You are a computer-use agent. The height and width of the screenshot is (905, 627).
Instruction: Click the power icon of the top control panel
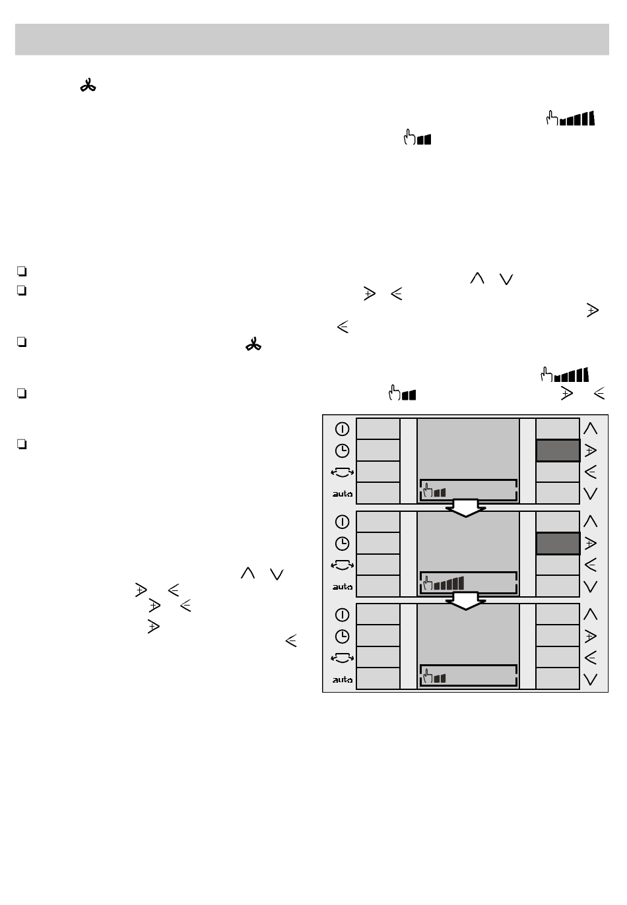pyautogui.click(x=342, y=429)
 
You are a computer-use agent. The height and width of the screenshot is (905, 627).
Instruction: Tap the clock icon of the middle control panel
pyautogui.click(x=342, y=544)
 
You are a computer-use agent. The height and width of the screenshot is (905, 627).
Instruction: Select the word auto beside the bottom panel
pyautogui.click(x=342, y=679)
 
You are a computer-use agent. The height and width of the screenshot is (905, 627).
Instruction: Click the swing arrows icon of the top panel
pyautogui.click(x=342, y=472)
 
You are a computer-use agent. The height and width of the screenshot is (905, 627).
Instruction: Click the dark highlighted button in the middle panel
pyautogui.click(x=558, y=544)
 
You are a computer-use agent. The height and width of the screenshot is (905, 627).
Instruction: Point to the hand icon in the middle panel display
pyautogui.click(x=428, y=584)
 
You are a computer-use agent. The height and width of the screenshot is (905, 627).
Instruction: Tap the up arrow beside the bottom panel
pyautogui.click(x=591, y=614)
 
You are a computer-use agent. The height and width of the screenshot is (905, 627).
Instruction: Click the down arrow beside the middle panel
pyautogui.click(x=591, y=586)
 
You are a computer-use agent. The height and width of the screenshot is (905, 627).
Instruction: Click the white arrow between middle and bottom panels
pyautogui.click(x=466, y=601)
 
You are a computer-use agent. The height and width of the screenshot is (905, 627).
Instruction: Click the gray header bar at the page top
pyautogui.click(x=312, y=40)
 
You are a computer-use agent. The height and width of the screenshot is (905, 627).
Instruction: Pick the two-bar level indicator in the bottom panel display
pyautogui.click(x=440, y=677)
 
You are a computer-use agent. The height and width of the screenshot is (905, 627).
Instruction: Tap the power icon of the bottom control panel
pyautogui.click(x=342, y=615)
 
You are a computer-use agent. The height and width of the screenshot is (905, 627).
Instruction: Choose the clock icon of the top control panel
pyautogui.click(x=342, y=451)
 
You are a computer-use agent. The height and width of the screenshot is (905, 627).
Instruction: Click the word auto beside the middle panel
pyautogui.click(x=342, y=586)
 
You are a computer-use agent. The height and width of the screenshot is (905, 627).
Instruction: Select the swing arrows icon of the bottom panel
pyautogui.click(x=342, y=658)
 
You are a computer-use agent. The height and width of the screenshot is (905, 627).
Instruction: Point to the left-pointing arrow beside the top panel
pyautogui.click(x=591, y=472)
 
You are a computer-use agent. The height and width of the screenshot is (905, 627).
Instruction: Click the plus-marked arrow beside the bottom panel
pyautogui.click(x=591, y=637)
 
